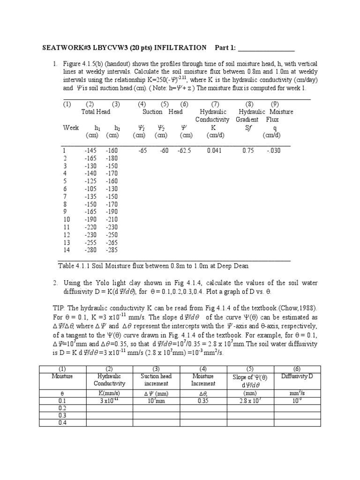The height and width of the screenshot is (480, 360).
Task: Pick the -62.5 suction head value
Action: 184,151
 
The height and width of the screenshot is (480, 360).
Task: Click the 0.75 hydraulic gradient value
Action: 248,151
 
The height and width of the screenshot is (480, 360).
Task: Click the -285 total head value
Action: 112,250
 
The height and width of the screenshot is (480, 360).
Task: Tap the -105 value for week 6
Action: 91,189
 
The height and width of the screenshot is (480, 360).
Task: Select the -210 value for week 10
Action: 112,219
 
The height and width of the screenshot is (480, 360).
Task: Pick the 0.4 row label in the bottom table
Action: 62,423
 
